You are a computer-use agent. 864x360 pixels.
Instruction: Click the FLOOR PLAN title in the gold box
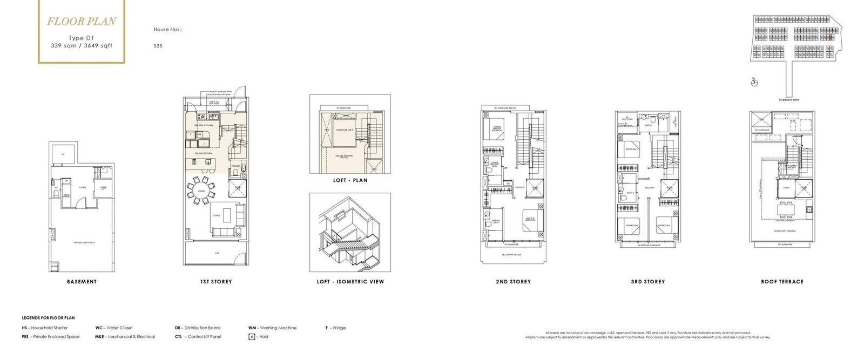(x=82, y=22)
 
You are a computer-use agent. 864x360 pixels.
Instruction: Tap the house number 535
(x=158, y=46)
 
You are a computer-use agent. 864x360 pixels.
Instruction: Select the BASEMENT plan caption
(x=82, y=282)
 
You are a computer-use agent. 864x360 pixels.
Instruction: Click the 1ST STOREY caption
(x=215, y=282)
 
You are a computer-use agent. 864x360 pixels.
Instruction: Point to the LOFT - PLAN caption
(x=350, y=180)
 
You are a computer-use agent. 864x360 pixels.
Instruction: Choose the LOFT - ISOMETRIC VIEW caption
(x=350, y=282)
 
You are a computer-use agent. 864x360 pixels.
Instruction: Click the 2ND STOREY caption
(x=513, y=282)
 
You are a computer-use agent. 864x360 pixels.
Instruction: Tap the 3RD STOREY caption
(x=647, y=282)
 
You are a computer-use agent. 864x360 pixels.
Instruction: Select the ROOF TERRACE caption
(x=782, y=282)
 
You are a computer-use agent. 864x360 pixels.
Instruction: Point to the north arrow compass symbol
(x=754, y=83)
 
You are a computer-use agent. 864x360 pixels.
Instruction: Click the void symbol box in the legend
(x=252, y=337)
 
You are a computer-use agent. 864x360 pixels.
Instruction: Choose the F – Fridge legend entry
(x=335, y=328)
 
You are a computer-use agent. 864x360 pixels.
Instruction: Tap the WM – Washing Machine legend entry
(x=272, y=328)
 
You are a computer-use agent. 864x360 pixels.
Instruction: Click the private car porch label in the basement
(x=84, y=243)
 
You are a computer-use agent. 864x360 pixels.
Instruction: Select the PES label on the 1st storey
(x=217, y=253)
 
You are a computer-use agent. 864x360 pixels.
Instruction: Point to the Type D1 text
(x=81, y=38)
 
